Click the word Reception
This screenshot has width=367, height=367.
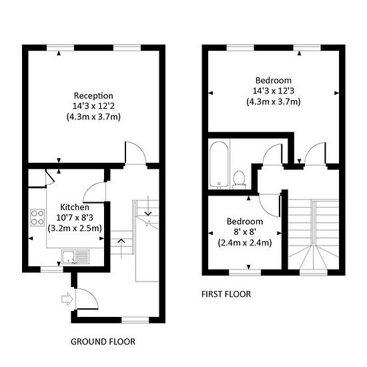pos(93,96)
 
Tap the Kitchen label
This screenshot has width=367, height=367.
pos(75,207)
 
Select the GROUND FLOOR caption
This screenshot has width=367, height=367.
pos(103,342)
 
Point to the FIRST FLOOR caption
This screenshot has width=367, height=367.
pos(226,294)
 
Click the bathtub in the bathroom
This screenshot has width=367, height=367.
pos(219,164)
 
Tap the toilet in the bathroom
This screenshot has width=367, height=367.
pos(239,179)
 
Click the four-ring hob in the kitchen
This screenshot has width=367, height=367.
pos(37,218)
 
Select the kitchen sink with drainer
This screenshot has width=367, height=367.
pos(75,257)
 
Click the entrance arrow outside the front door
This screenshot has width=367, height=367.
pos(67,299)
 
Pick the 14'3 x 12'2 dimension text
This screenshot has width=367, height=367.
pos(93,106)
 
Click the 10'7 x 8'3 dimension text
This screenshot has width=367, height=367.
pos(75,218)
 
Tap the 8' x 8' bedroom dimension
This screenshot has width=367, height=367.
pos(245,232)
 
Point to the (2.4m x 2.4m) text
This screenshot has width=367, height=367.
pos(245,243)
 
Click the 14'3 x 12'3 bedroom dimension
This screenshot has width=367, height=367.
pos(274,91)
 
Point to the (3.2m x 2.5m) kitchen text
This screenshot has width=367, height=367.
pos(75,228)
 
